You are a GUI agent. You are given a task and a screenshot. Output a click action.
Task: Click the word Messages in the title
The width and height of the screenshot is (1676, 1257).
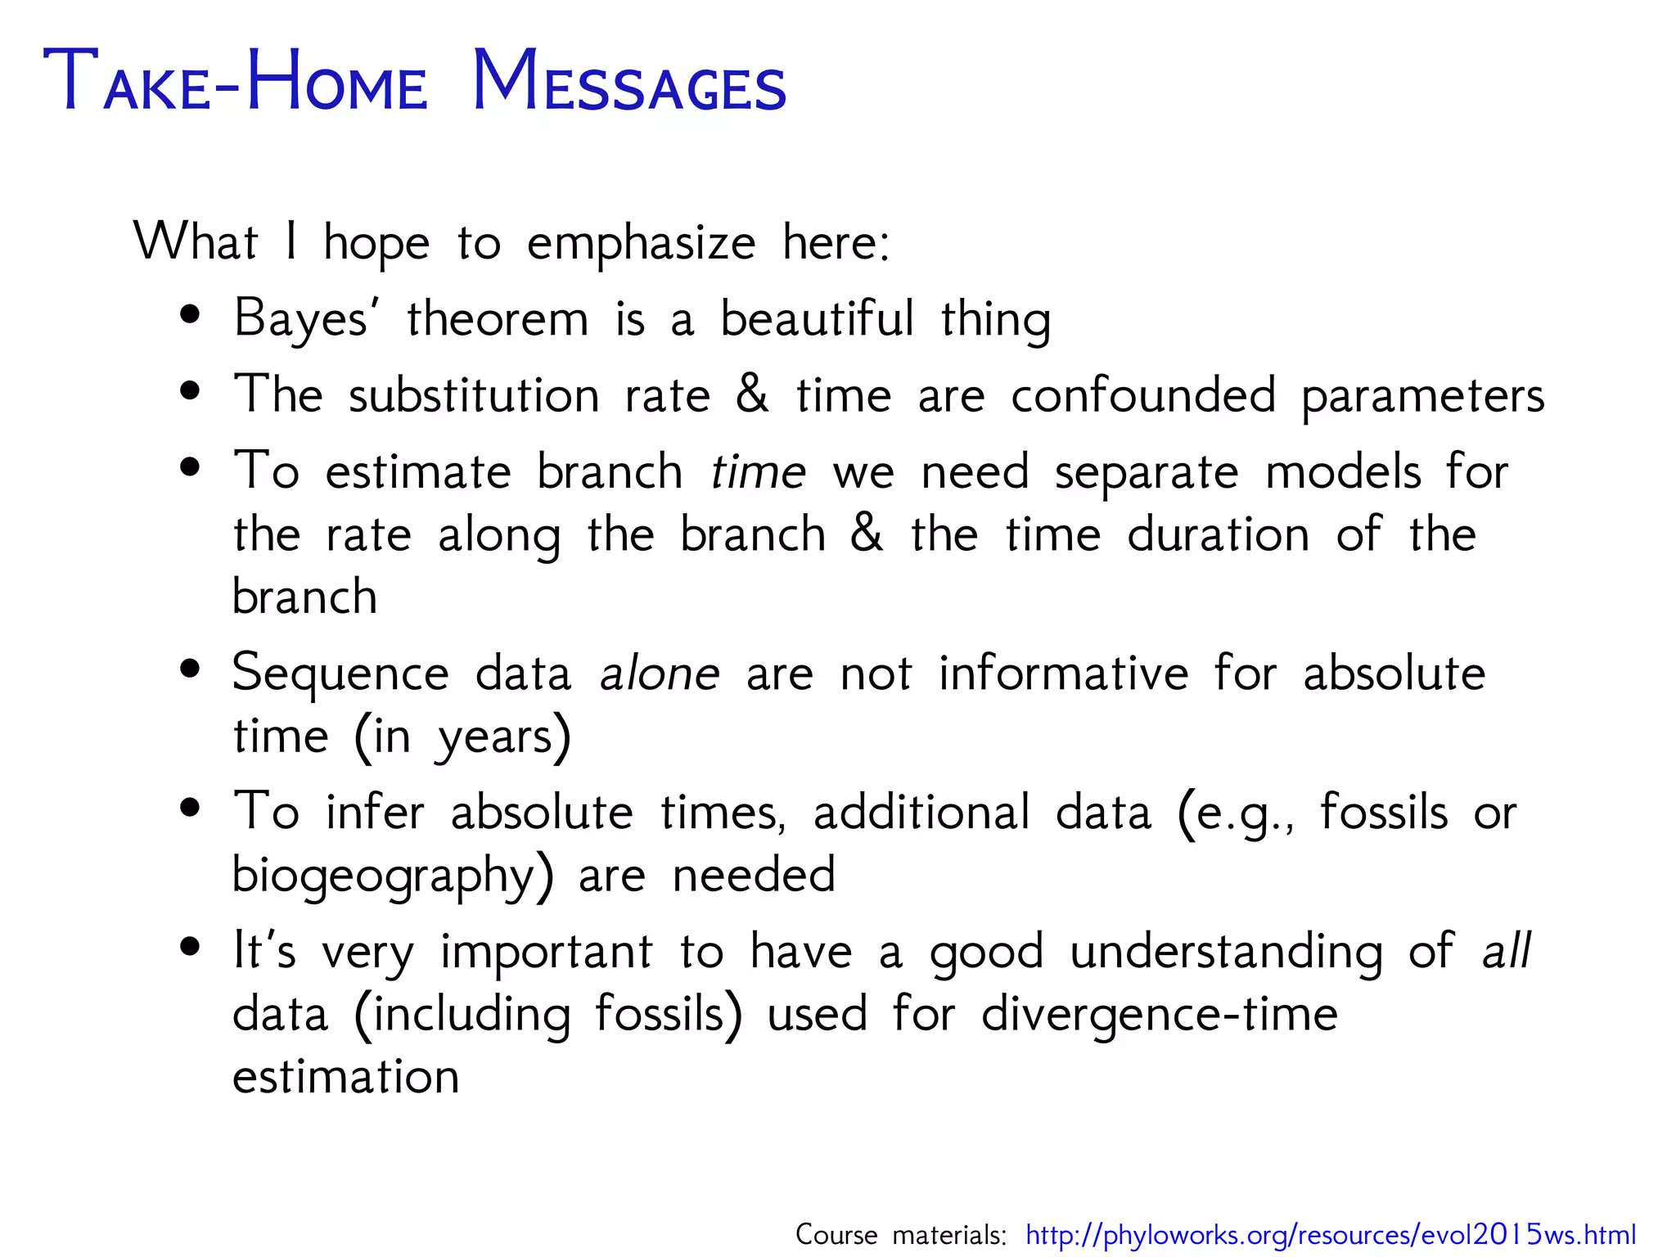[628, 83]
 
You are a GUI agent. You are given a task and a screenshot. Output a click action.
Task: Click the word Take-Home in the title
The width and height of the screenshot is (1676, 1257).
[235, 83]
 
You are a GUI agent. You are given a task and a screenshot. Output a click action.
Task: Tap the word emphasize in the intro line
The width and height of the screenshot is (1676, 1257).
[641, 243]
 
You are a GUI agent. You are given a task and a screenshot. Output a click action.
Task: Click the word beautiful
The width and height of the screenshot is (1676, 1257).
[816, 318]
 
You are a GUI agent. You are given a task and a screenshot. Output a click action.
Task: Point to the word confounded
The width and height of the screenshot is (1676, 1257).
[1143, 395]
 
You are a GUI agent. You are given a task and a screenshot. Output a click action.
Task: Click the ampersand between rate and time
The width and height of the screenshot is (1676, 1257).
[752, 394]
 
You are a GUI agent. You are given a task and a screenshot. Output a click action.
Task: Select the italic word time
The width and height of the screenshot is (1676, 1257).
[758, 472]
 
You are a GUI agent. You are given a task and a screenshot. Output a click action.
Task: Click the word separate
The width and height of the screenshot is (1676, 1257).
[1147, 474]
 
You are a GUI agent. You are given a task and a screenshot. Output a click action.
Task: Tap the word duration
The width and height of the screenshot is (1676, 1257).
[1218, 535]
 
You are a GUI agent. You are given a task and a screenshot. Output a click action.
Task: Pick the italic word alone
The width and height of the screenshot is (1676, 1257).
[660, 674]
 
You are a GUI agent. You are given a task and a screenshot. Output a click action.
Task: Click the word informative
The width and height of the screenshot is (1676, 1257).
[1063, 674]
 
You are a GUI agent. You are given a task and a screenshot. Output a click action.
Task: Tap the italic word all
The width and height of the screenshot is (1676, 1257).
[1507, 951]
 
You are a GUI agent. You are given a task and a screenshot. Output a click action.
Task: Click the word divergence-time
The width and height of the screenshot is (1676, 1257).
[1159, 1015]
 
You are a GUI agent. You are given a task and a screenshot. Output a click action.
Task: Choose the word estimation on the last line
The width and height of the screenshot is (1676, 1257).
[345, 1076]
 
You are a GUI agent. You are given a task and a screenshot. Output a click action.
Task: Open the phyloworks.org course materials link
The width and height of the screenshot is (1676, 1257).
[1331, 1234]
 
